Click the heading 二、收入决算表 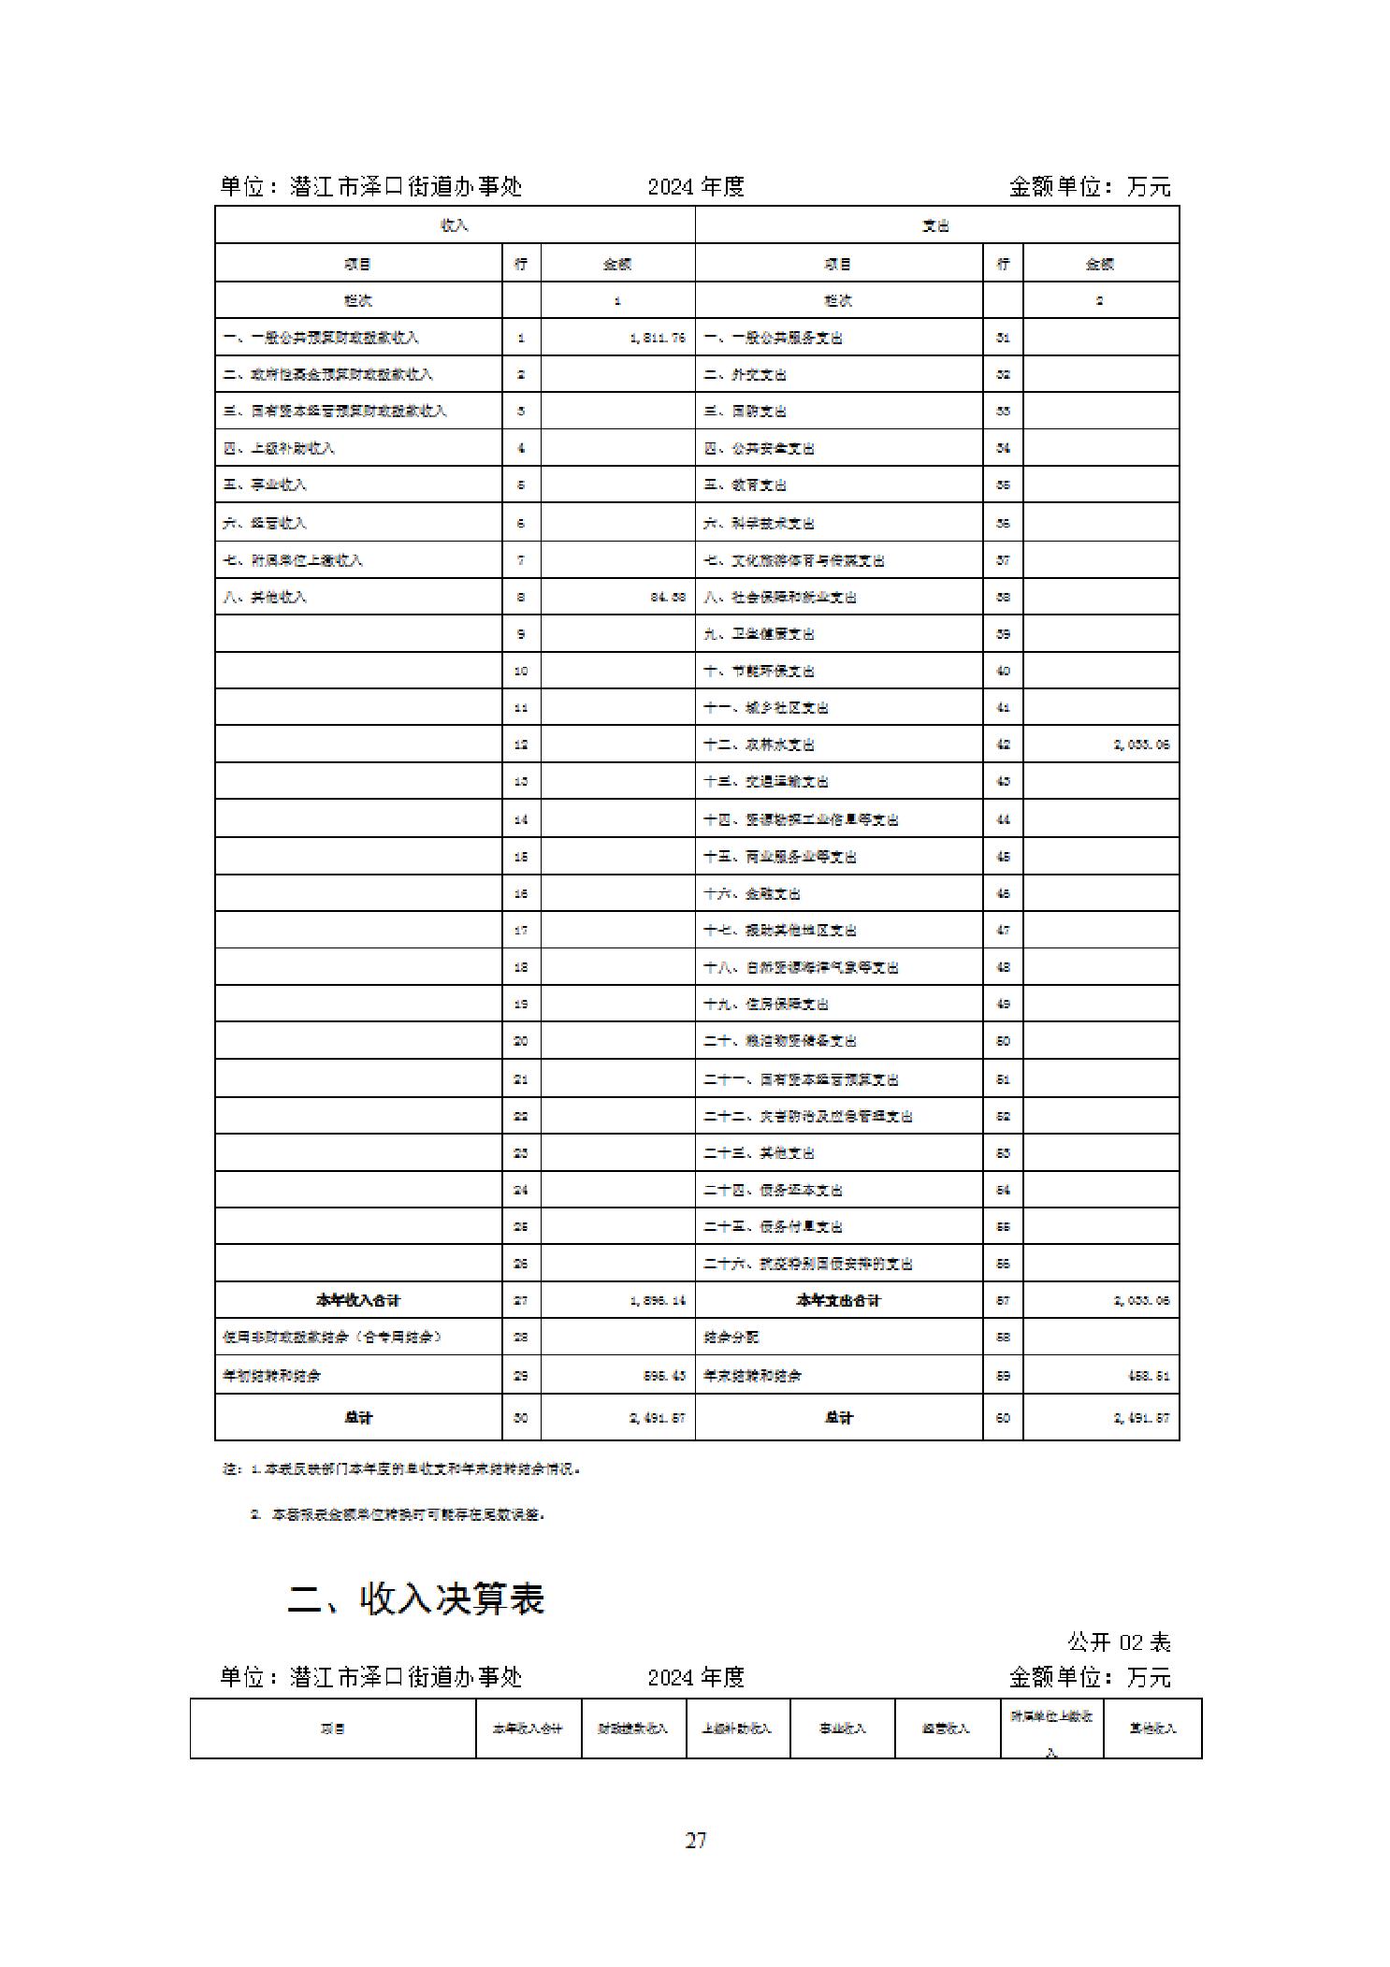[x=415, y=1598]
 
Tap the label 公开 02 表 [x=1119, y=1642]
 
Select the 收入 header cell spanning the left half [x=455, y=225]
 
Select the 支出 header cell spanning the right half [x=936, y=225]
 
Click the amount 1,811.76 [x=659, y=338]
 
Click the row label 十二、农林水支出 [x=759, y=745]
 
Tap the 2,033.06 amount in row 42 [x=1141, y=745]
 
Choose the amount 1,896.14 [x=659, y=1300]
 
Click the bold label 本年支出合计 [x=838, y=1300]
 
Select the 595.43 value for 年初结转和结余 [x=664, y=1375]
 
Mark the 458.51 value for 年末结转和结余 [x=1148, y=1375]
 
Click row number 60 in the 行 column [x=1003, y=1417]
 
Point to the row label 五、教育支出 [x=745, y=485]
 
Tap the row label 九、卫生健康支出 [x=759, y=634]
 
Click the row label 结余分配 [x=731, y=1338]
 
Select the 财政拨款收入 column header [x=633, y=1728]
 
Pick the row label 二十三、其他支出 [x=759, y=1152]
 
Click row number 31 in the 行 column [x=1003, y=338]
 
